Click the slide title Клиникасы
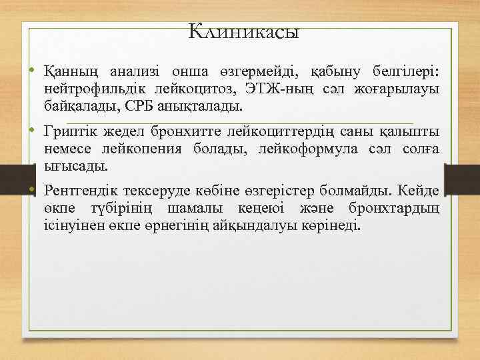point(243,31)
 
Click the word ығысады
point(76,165)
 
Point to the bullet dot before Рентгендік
point(31,191)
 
